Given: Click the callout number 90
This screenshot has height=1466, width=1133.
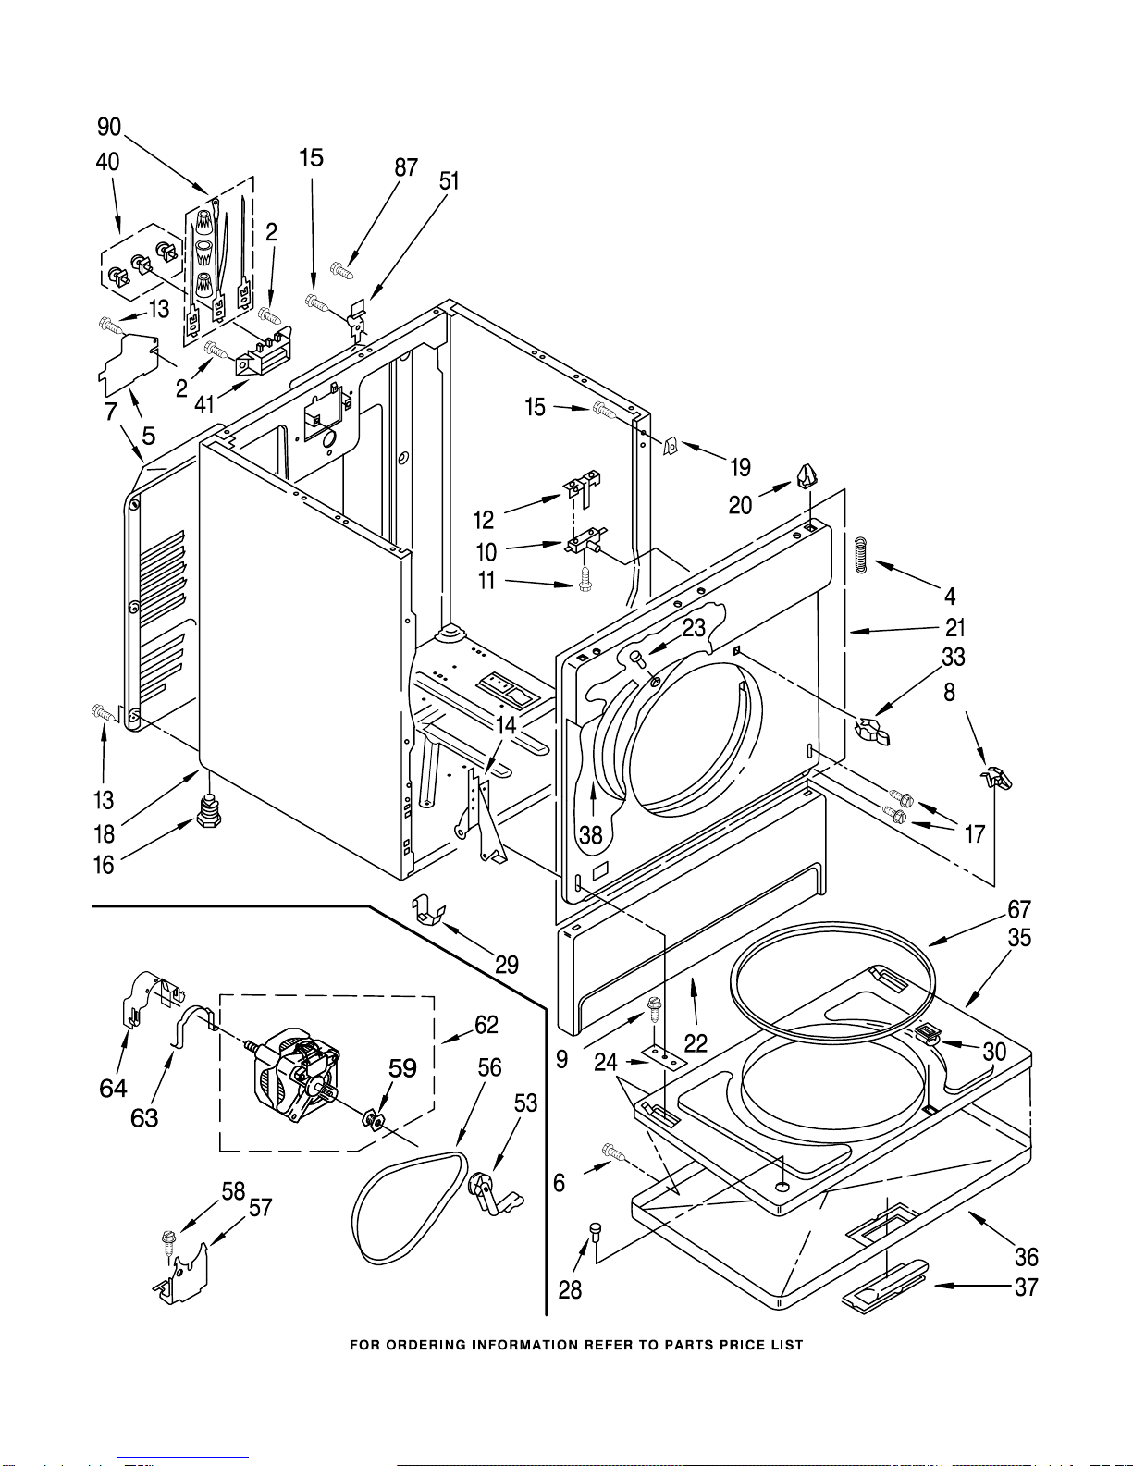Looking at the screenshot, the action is pyautogui.click(x=108, y=127).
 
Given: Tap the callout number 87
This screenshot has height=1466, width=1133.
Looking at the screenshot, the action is pyautogui.click(x=406, y=167).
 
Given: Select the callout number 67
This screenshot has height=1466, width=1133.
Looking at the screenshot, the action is pyautogui.click(x=1019, y=909).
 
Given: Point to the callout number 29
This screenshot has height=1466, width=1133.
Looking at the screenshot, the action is pyautogui.click(x=507, y=965).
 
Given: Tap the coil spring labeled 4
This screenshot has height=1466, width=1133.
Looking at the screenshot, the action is pyautogui.click(x=860, y=555).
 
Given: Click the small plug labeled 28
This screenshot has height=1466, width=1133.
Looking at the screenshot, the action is pyautogui.click(x=596, y=1231).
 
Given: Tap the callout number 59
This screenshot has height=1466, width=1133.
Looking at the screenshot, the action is pyautogui.click(x=402, y=1068).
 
